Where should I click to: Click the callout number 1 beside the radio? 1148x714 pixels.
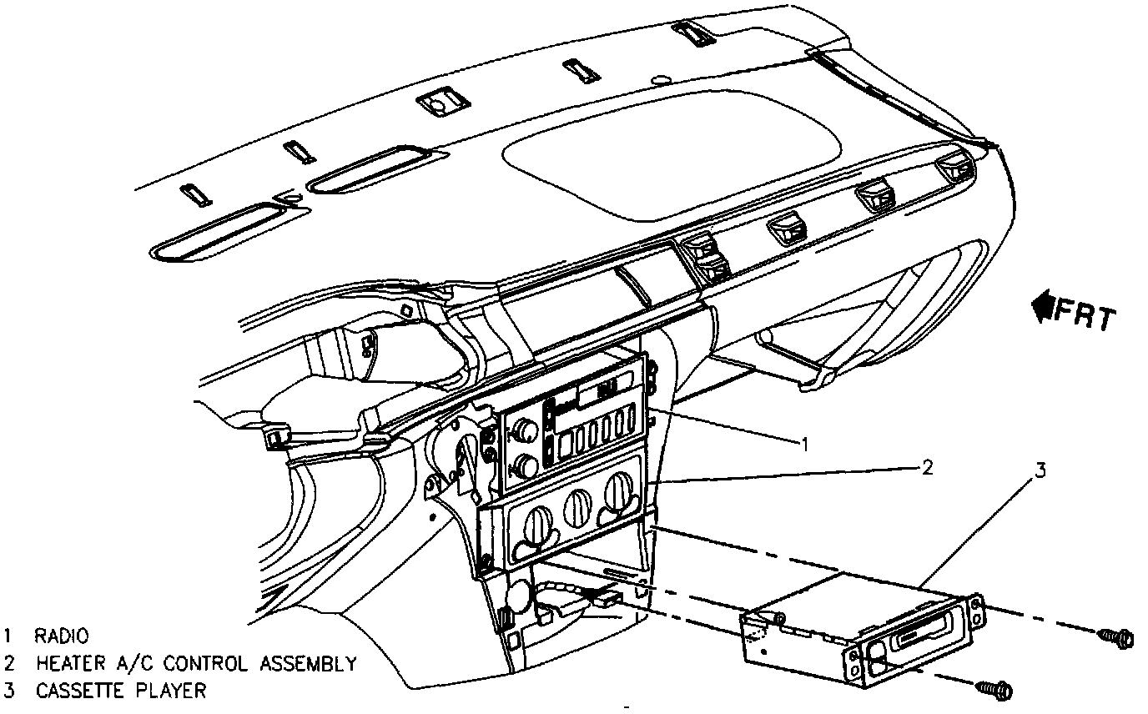[x=804, y=443]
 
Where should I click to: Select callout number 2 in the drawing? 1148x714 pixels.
[x=927, y=466]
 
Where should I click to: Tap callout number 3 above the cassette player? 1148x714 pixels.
[x=1040, y=470]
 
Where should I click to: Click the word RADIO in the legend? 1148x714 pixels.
[x=61, y=636]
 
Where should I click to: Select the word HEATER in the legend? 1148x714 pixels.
[x=69, y=664]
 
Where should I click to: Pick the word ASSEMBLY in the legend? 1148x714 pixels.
[x=307, y=664]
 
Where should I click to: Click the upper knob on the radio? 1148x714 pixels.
[x=525, y=430]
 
